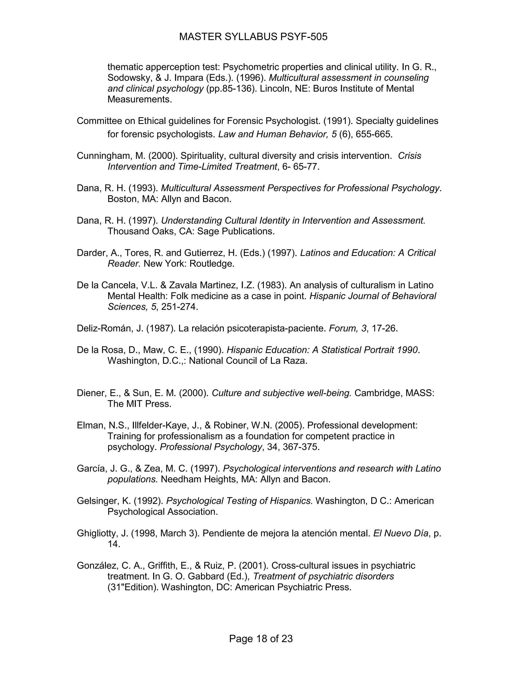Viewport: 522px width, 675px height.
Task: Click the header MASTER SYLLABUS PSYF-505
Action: pyautogui.click(x=253, y=37)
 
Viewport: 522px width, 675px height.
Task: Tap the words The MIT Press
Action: pyautogui.click(x=139, y=404)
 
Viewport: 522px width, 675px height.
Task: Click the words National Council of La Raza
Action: pyautogui.click(x=248, y=361)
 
